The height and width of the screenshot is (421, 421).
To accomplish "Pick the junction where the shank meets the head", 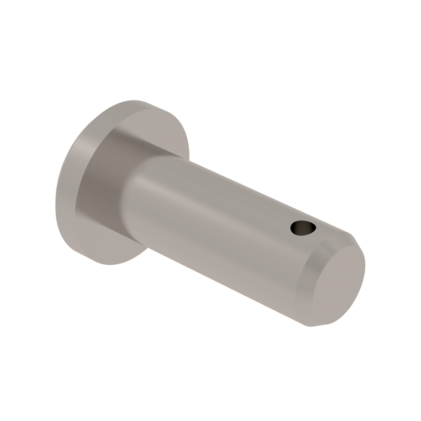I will pyautogui.click(x=132, y=196).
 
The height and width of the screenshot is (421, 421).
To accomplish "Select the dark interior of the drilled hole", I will pyautogui.click(x=298, y=226).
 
